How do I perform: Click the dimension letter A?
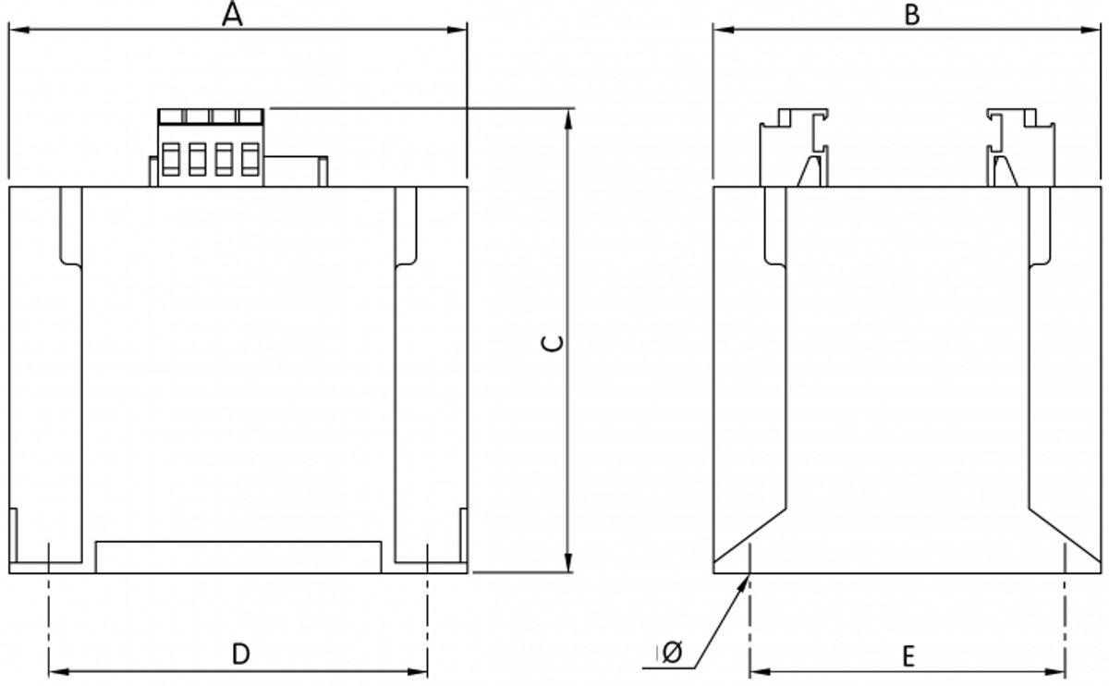point(232,14)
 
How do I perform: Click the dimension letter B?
point(912,15)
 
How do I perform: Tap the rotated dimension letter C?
point(553,344)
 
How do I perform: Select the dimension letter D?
point(241,655)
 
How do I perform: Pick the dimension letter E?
point(908,657)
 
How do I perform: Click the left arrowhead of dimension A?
point(18,30)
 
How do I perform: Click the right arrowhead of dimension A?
point(457,30)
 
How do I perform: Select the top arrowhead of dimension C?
point(568,119)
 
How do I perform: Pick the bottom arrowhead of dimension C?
point(568,563)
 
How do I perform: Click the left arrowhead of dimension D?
point(58,672)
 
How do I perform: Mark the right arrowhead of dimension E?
point(1055,672)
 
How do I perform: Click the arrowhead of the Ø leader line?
point(744,582)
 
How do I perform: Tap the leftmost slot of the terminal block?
point(170,159)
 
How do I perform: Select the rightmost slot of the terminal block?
point(250,159)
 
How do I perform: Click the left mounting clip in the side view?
point(794,148)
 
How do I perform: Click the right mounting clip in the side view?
point(1020,148)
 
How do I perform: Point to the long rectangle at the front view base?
point(238,557)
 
